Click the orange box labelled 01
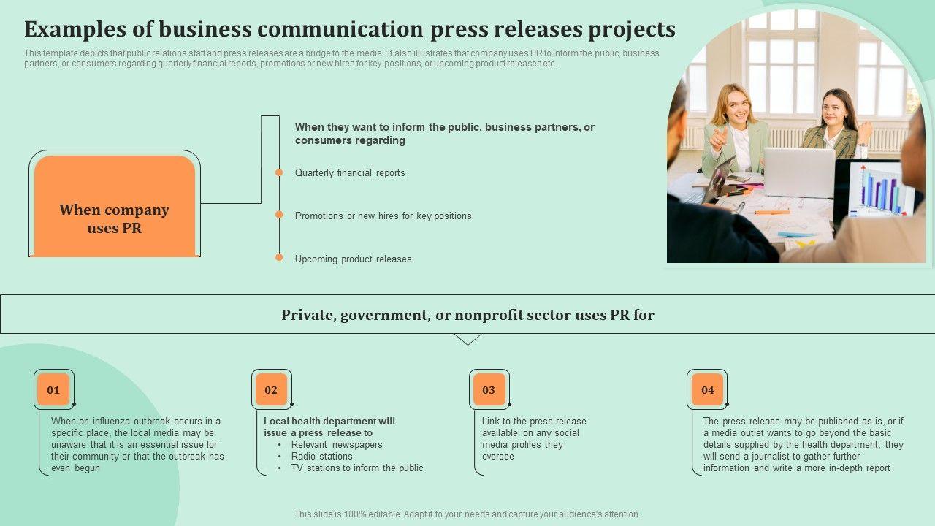(x=53, y=389)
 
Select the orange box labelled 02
(x=271, y=389)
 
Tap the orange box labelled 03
(x=489, y=389)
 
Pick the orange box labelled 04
(x=707, y=389)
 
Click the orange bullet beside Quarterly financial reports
(x=279, y=172)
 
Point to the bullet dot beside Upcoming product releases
(x=279, y=257)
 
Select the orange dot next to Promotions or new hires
(x=279, y=215)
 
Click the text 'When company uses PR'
(x=114, y=218)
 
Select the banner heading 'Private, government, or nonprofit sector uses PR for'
(x=467, y=315)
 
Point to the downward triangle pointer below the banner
(x=467, y=339)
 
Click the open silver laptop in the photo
(x=798, y=172)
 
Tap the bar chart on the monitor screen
(x=883, y=189)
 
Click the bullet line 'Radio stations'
(x=321, y=456)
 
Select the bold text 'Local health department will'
(x=329, y=421)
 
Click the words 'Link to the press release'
(x=534, y=421)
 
